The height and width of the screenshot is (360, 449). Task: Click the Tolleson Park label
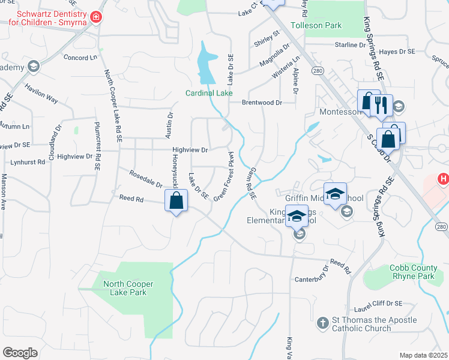click(316, 26)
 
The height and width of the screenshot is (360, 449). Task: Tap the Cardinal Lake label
click(209, 93)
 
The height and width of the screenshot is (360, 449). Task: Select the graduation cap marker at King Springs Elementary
click(297, 216)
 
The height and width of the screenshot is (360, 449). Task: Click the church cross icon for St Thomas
click(322, 323)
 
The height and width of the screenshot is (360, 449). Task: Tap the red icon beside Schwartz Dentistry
click(95, 17)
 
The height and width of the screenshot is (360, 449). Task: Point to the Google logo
click(20, 352)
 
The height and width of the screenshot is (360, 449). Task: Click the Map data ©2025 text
click(423, 355)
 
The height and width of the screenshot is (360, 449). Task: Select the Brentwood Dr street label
click(262, 103)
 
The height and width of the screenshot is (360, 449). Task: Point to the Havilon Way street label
click(41, 94)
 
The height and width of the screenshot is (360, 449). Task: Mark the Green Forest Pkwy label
click(223, 176)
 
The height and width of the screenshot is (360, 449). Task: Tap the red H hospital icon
click(443, 179)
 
